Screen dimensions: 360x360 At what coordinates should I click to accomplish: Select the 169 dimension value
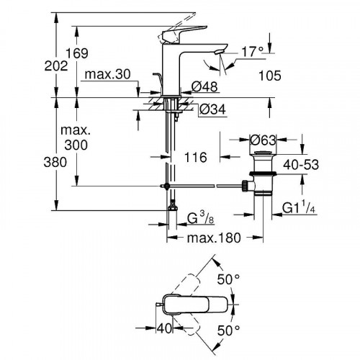pos(91,52)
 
